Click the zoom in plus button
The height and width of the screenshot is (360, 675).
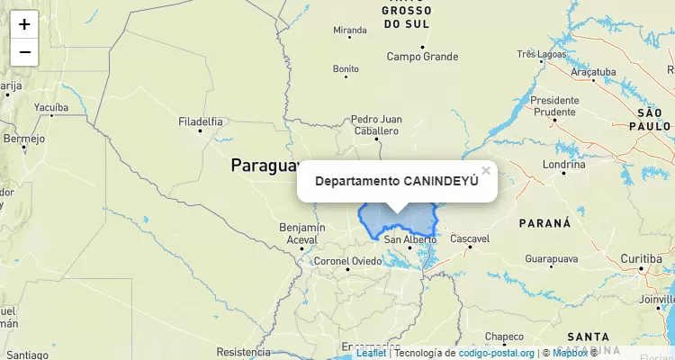pos(24,24)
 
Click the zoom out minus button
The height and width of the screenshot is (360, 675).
pos(24,52)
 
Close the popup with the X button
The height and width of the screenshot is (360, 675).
pos(486,170)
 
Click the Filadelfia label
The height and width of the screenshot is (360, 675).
pos(201,121)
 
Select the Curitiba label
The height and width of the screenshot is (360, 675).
pos(640,259)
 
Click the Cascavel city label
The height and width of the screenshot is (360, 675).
pos(470,238)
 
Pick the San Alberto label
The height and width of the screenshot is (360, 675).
pos(409,239)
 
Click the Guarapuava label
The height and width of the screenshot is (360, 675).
pos(551,259)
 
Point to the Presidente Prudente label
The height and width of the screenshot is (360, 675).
pos(554,105)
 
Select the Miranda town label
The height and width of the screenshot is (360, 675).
pos(350,31)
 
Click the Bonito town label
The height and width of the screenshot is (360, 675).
pos(346,68)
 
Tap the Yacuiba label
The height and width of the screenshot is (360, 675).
pos(51,106)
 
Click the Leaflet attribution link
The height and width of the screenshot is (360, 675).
pos(371,353)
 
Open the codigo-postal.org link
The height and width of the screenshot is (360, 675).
pos(497,353)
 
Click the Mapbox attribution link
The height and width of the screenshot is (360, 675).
pos(570,353)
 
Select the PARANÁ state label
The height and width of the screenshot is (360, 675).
pos(545,222)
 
